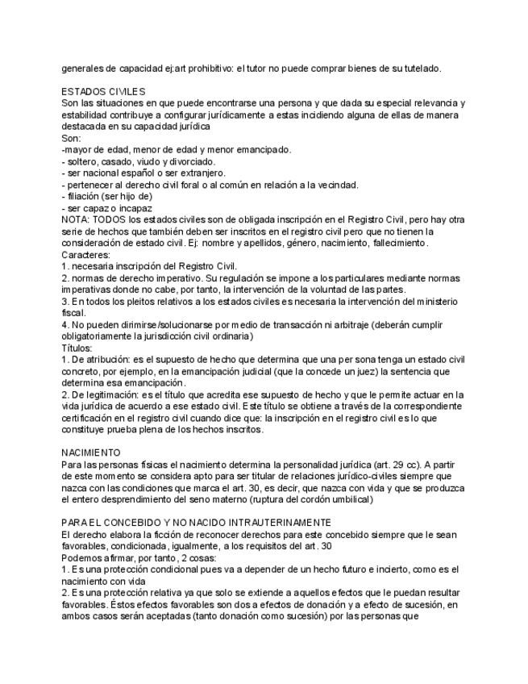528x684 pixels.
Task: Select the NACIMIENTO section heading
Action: (x=91, y=453)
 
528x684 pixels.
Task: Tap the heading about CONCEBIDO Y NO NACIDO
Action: (x=197, y=523)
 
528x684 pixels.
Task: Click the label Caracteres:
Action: (x=86, y=254)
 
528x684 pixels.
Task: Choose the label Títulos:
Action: (x=77, y=347)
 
